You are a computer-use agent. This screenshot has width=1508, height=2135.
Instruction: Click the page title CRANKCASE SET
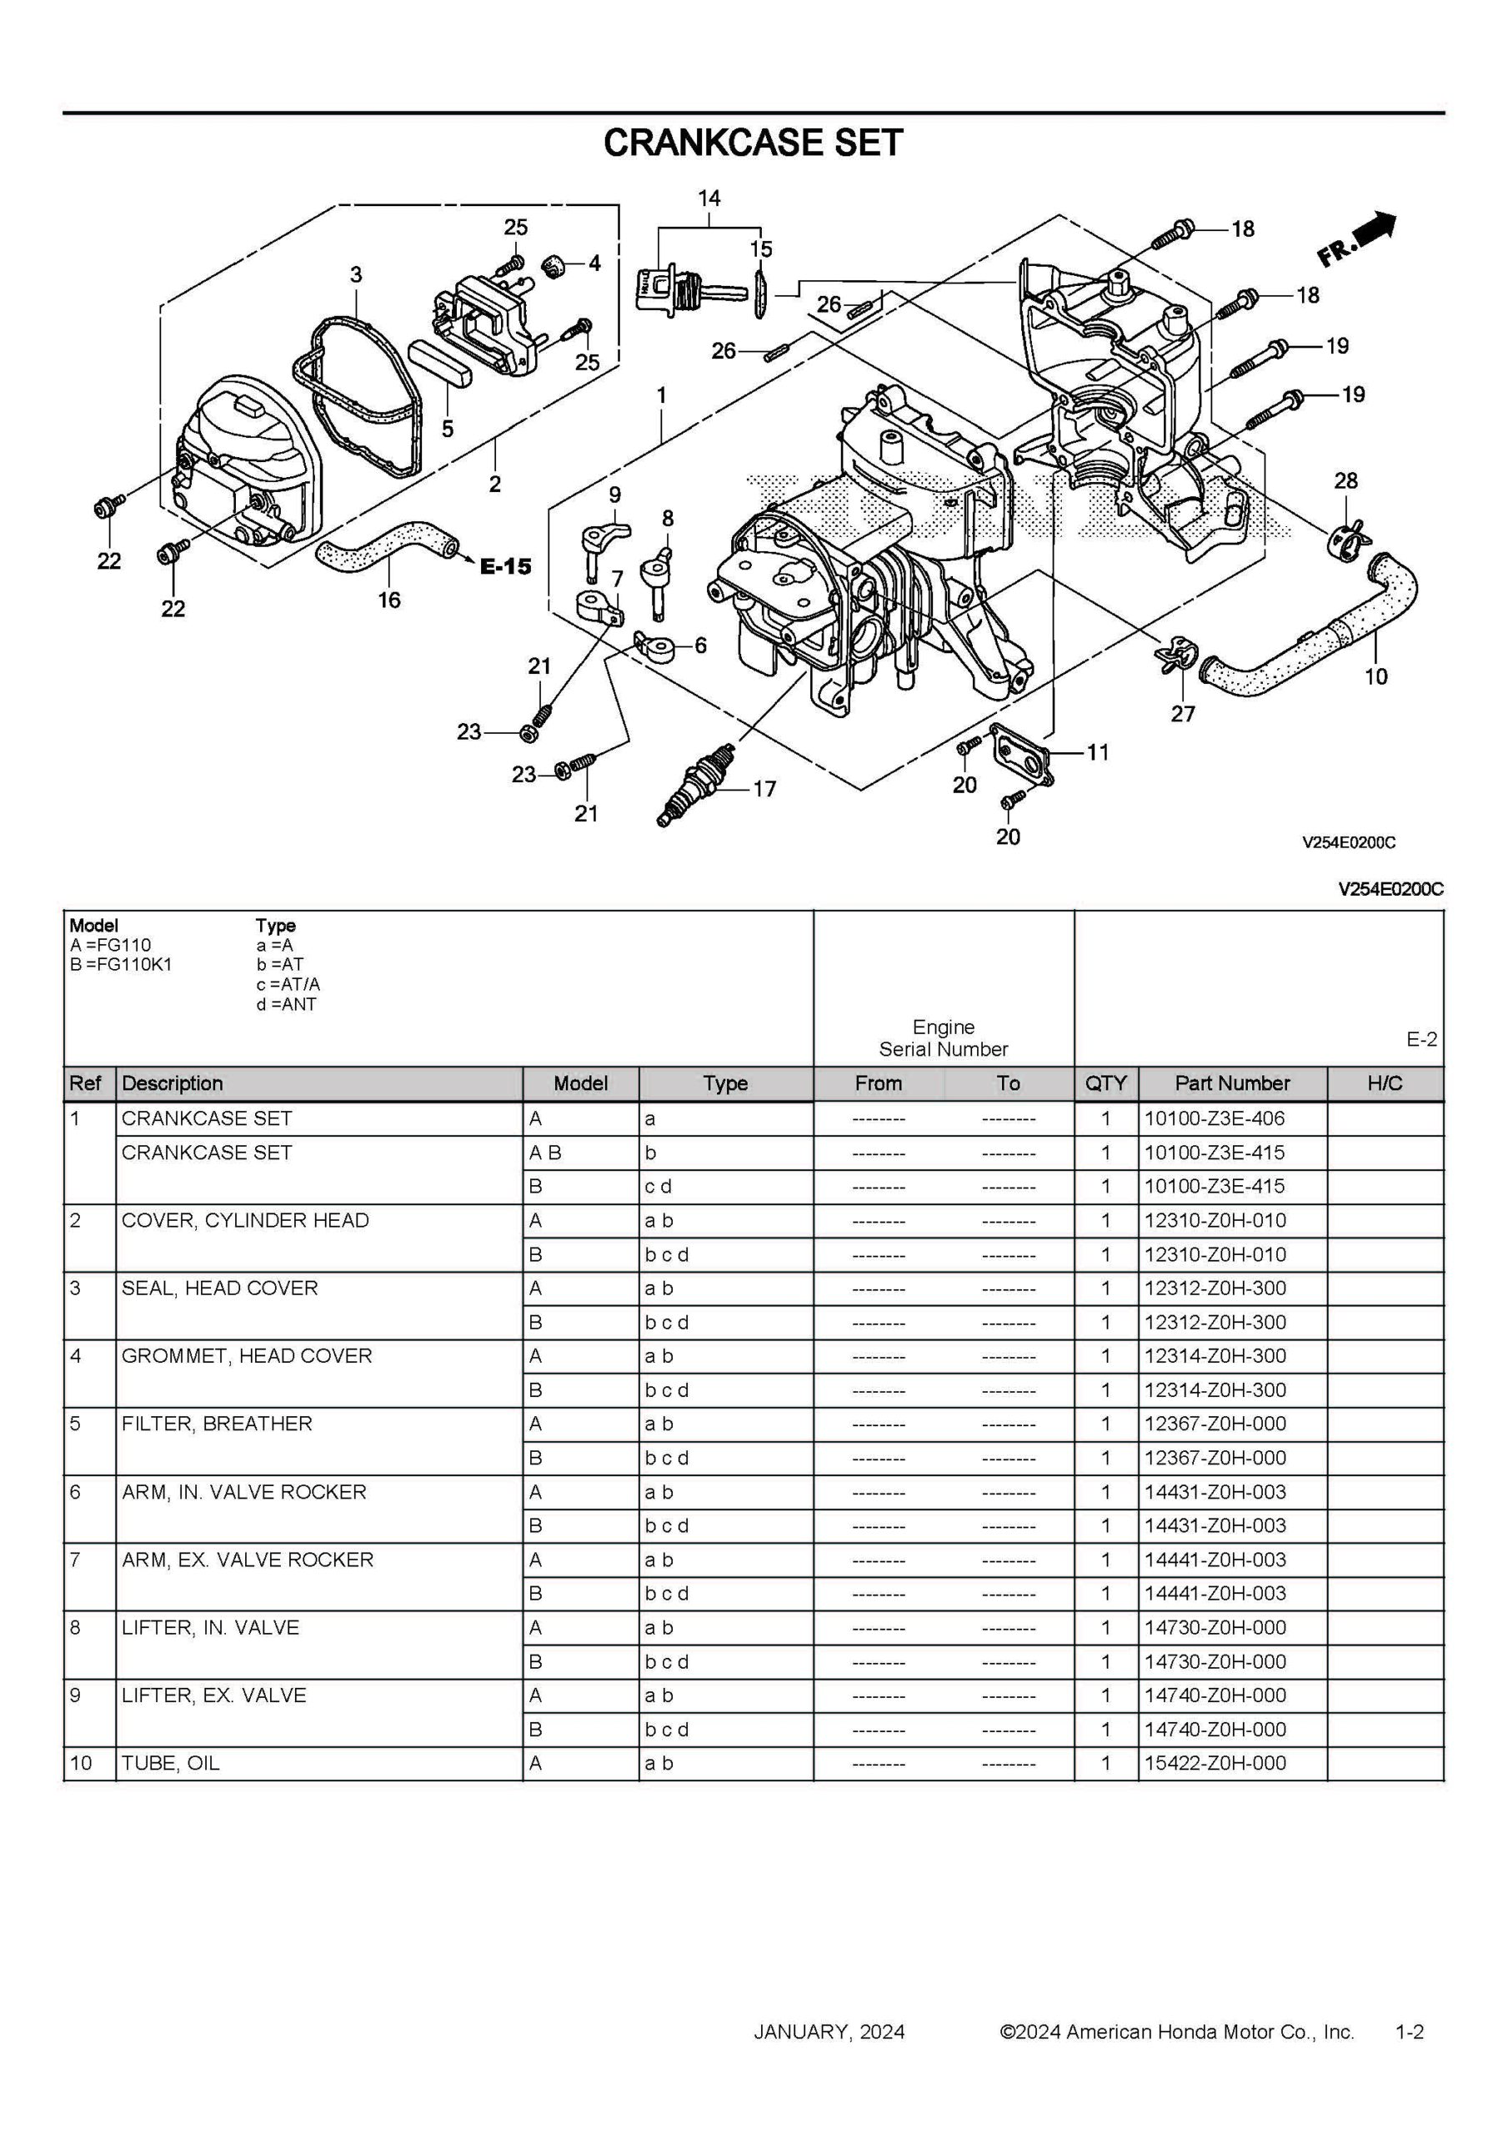(x=753, y=143)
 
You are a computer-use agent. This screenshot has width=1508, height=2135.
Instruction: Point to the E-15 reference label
(x=506, y=566)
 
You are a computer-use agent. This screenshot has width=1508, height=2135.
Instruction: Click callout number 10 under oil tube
(x=1375, y=676)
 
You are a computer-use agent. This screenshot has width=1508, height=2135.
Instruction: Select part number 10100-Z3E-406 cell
(x=1215, y=1118)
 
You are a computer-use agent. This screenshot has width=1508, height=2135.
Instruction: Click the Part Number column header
(x=1232, y=1083)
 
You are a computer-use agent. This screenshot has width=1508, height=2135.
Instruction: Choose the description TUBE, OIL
(x=171, y=1763)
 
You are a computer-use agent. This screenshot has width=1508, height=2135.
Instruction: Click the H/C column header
(x=1385, y=1083)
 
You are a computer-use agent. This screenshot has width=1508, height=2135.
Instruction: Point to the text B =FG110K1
(x=121, y=964)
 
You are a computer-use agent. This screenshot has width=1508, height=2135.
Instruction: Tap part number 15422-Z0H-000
(x=1215, y=1763)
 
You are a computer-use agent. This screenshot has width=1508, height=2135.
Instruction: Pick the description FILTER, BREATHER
(x=217, y=1424)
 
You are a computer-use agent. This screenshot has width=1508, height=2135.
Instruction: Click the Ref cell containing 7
(x=76, y=1560)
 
